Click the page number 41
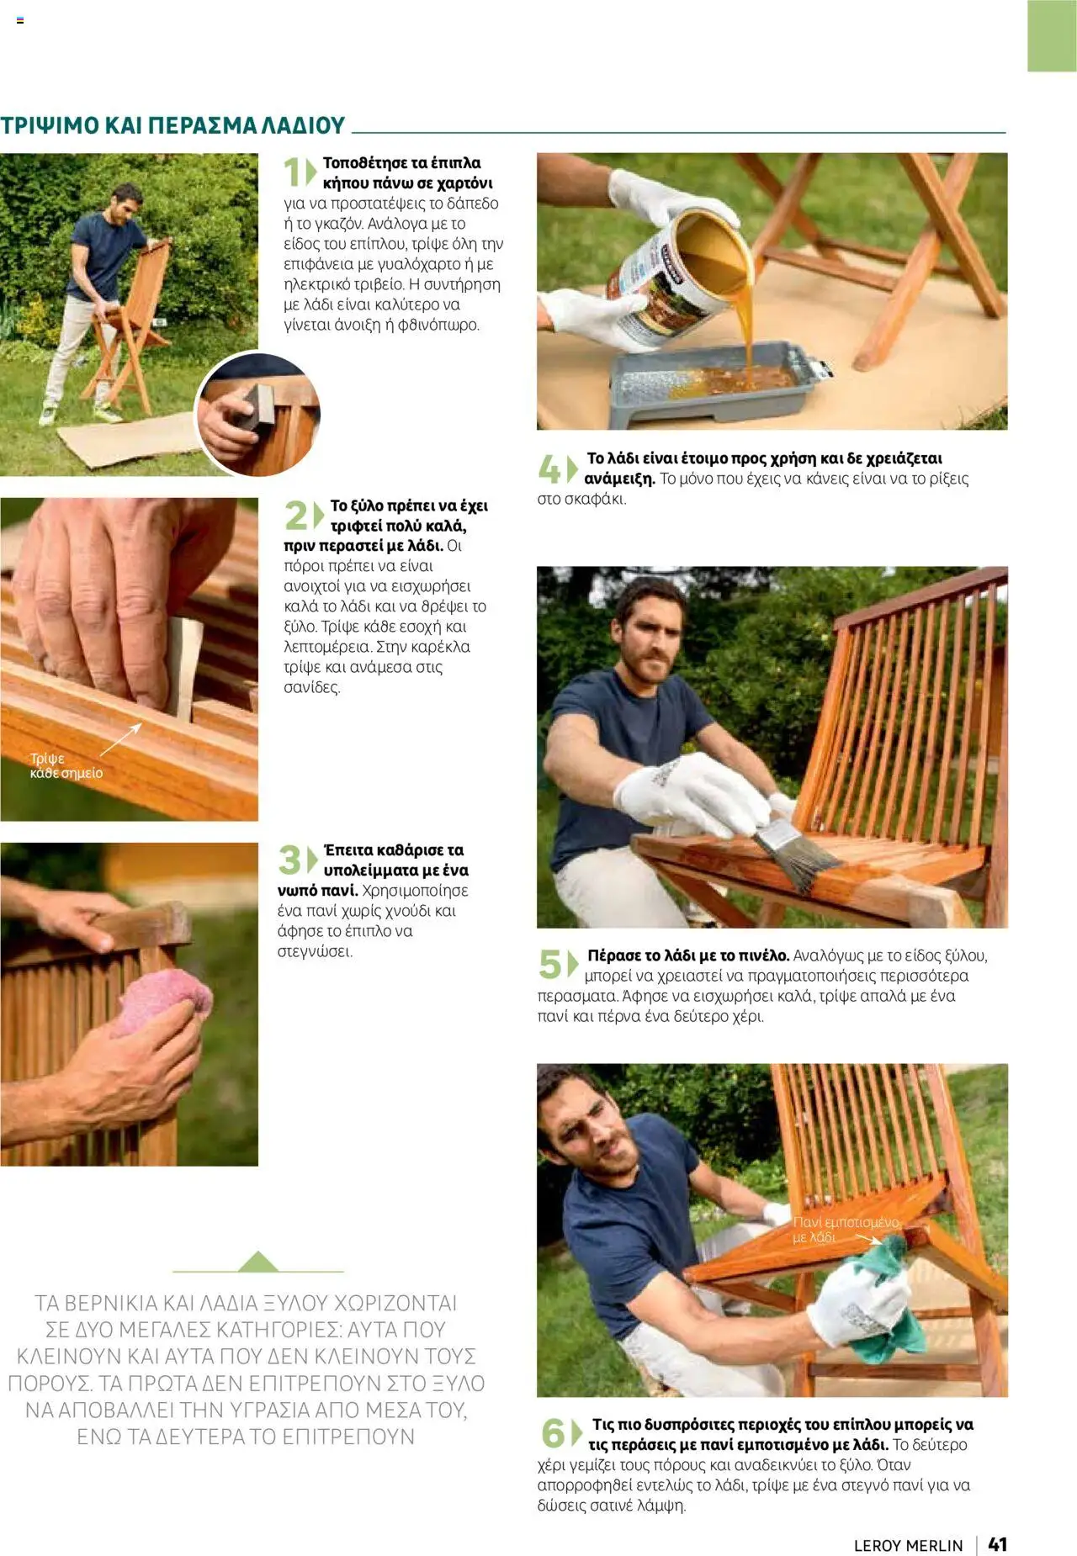click(x=997, y=1543)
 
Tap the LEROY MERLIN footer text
click(x=908, y=1545)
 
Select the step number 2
click(x=296, y=515)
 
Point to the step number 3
click(x=289, y=860)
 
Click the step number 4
click(x=549, y=468)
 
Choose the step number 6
click(x=553, y=1433)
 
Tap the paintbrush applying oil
click(x=795, y=854)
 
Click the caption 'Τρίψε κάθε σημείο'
click(x=66, y=765)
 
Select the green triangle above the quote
click(x=257, y=1262)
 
